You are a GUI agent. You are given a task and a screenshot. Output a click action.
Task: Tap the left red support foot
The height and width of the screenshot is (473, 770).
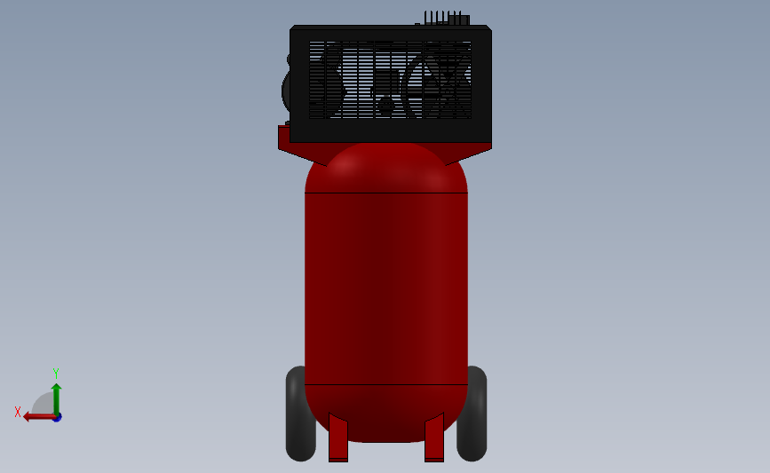[337, 438]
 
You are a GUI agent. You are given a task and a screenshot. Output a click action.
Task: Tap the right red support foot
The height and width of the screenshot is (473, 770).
[434, 438]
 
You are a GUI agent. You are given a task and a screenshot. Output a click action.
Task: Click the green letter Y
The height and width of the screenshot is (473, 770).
[55, 374]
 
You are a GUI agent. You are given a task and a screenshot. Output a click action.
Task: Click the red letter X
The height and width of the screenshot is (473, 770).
[18, 412]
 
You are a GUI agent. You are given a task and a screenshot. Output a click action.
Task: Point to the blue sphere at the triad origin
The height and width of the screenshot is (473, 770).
[57, 417]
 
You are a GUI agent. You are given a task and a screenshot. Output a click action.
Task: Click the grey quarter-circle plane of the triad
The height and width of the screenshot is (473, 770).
[44, 404]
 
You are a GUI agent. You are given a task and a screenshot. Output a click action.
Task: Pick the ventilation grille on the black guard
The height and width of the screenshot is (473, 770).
[390, 80]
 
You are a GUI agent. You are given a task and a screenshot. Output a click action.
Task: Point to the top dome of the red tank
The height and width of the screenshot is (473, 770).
[385, 169]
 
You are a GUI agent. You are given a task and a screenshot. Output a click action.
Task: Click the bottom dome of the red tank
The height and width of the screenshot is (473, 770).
[385, 413]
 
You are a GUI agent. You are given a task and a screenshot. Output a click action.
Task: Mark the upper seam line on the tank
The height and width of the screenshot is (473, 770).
[385, 193]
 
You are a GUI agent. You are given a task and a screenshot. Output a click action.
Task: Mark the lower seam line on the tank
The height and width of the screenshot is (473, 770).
[385, 384]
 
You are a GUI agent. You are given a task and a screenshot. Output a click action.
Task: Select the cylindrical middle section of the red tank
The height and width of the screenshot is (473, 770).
[385, 288]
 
